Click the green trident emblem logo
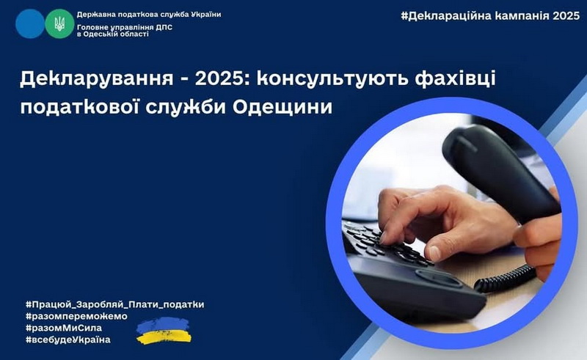click(60, 23)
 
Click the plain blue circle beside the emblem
click(30, 23)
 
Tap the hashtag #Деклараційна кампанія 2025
click(490, 16)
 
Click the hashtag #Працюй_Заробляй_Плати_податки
click(115, 304)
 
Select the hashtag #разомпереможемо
click(76, 317)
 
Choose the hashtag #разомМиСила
click(64, 328)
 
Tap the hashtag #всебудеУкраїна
click(68, 339)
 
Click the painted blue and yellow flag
click(164, 331)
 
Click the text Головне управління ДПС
click(125, 27)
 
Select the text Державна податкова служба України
click(149, 15)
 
